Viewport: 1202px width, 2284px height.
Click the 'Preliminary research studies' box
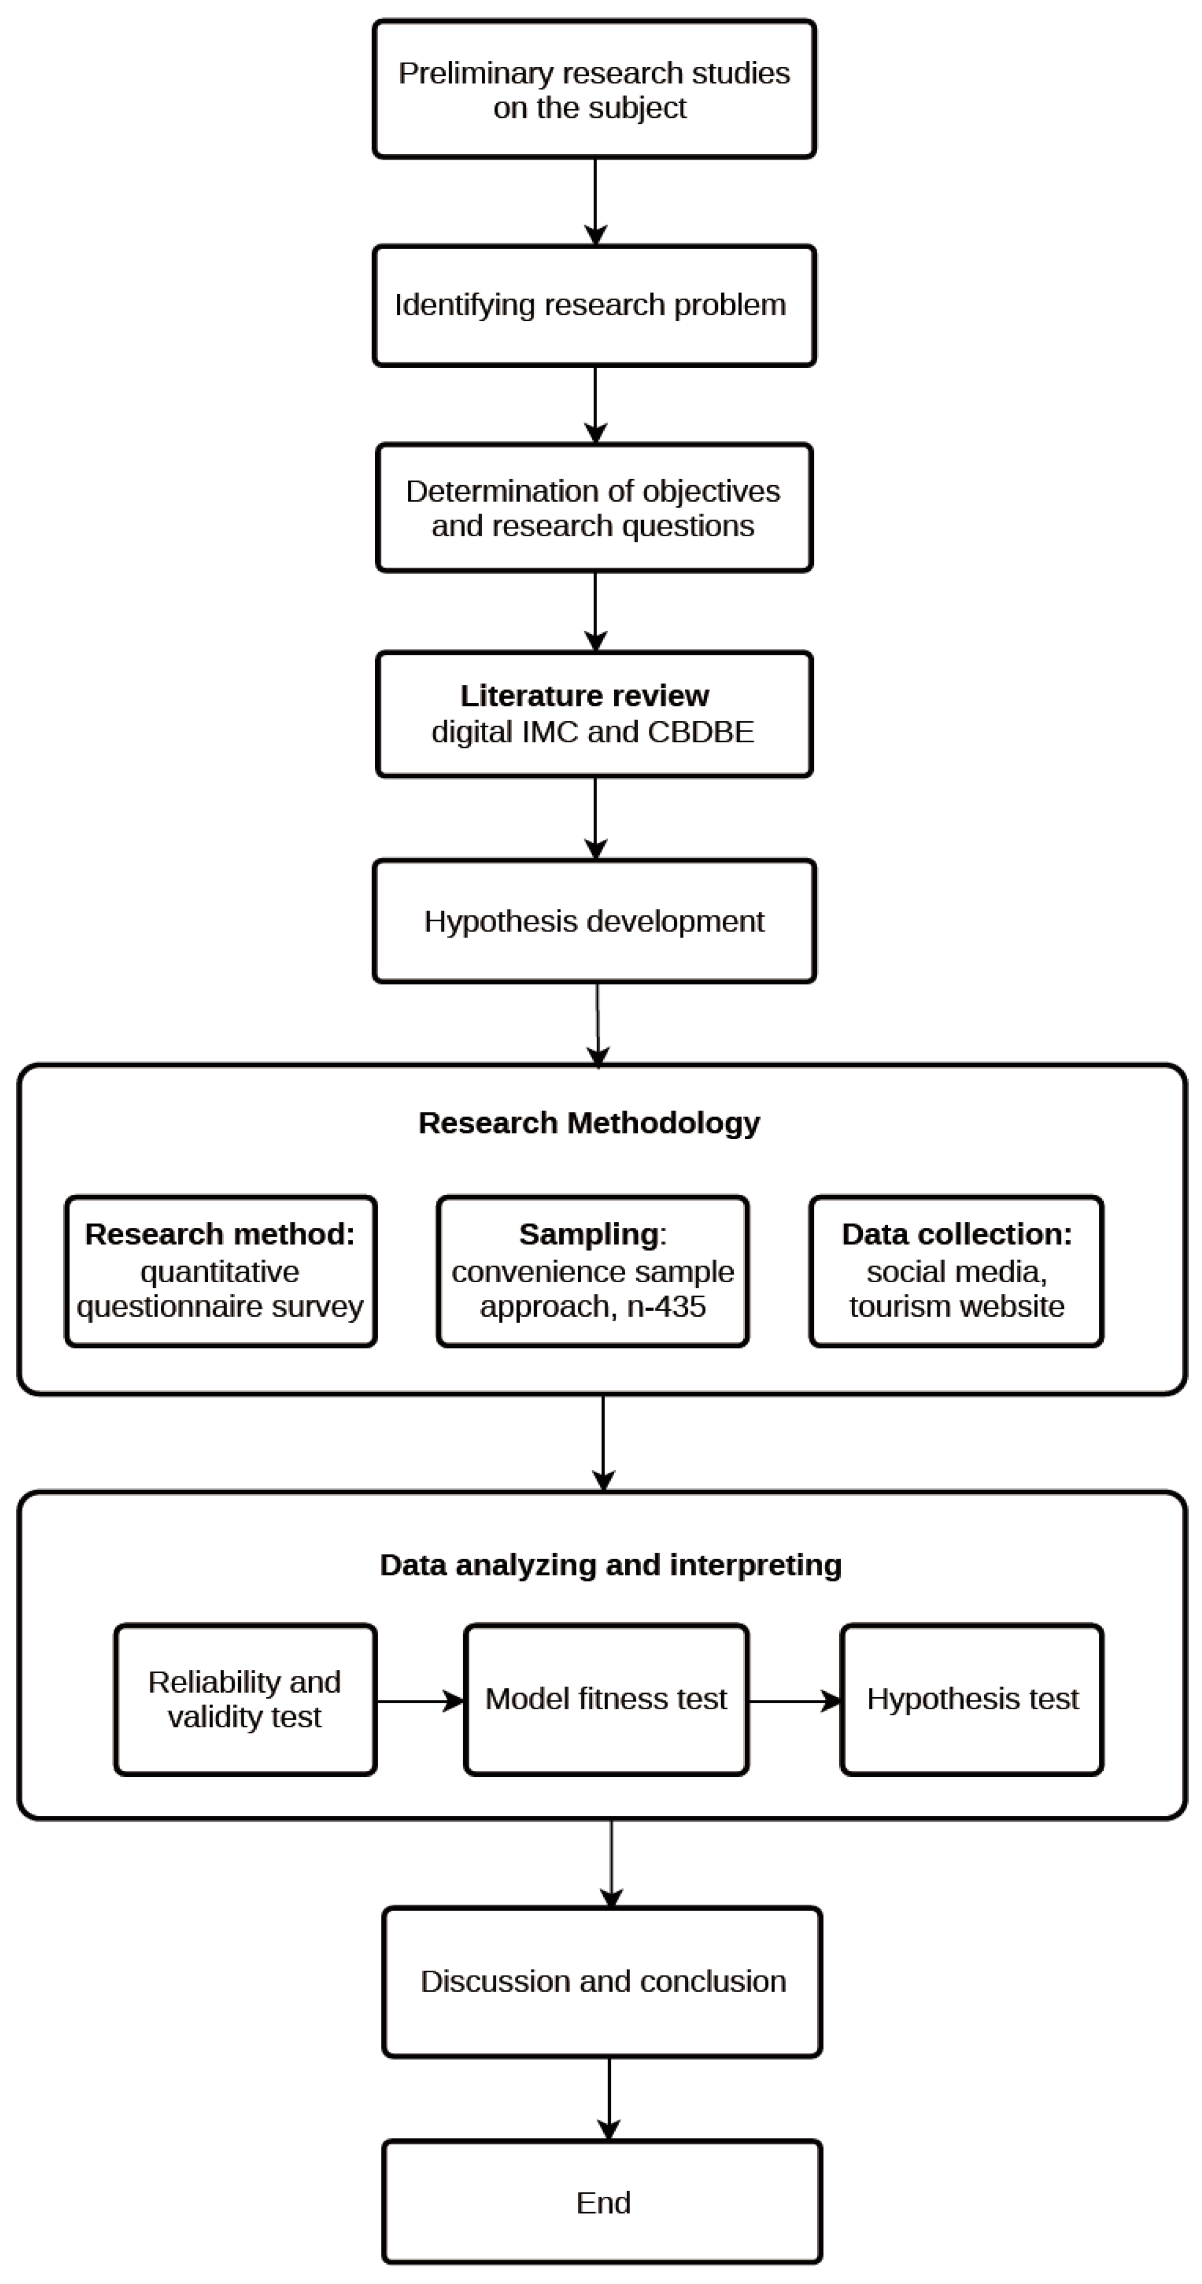pos(594,89)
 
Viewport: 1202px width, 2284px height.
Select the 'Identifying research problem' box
pos(594,306)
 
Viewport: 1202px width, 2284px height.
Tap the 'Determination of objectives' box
pos(594,508)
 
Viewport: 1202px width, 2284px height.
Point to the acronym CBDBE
pos(700,732)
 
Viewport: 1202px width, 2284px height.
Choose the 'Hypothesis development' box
pos(594,921)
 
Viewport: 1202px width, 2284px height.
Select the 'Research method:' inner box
pos(221,1271)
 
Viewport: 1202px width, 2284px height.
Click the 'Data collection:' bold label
pos(957,1234)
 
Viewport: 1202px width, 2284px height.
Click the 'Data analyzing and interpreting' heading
pos(610,1566)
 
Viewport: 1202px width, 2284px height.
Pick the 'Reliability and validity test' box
pos(245,1700)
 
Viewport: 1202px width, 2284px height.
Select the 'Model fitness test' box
pos(606,1700)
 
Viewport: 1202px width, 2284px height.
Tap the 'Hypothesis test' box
pos(973,1700)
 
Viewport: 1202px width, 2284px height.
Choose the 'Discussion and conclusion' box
pos(603,1982)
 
